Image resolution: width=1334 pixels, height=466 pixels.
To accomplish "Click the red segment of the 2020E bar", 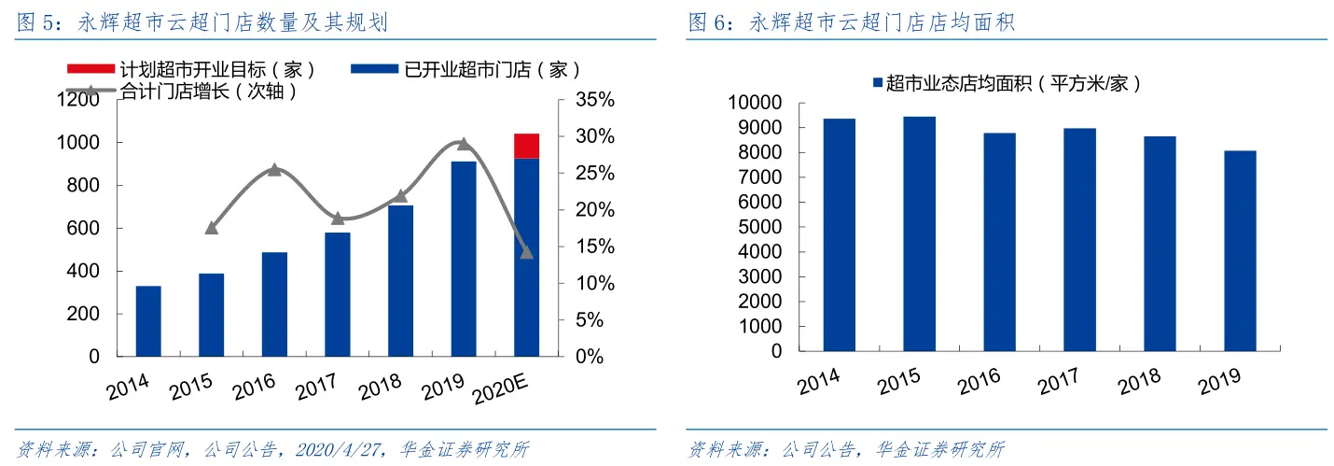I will [526, 146].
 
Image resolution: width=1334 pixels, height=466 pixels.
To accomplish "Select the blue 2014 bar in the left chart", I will [148, 321].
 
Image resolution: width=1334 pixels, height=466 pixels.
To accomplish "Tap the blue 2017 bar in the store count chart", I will [338, 294].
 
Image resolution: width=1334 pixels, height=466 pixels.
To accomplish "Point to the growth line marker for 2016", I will [274, 169].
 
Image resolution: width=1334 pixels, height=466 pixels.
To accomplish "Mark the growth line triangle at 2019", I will [464, 143].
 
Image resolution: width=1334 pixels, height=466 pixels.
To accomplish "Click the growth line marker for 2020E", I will [526, 252].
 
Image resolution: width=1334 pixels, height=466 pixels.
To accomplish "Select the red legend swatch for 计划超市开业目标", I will [90, 70].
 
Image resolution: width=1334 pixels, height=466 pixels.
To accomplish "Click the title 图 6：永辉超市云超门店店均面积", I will [851, 23].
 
